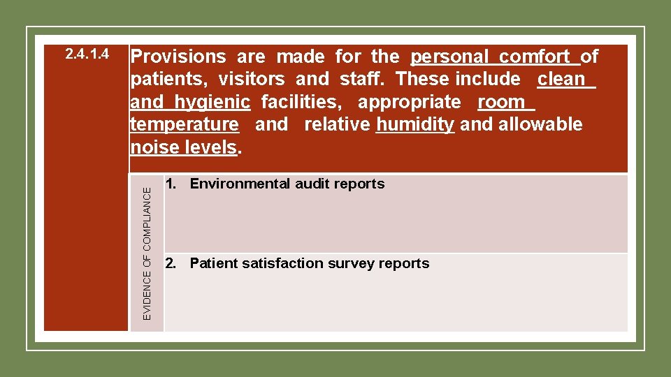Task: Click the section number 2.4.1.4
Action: [87, 54]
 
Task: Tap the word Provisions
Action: [178, 57]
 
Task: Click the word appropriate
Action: [409, 102]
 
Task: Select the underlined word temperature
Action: [185, 124]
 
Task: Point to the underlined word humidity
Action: [415, 124]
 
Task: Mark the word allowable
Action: [540, 124]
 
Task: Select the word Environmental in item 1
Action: [240, 184]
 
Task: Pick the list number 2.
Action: [169, 263]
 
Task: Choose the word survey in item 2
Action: [352, 263]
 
